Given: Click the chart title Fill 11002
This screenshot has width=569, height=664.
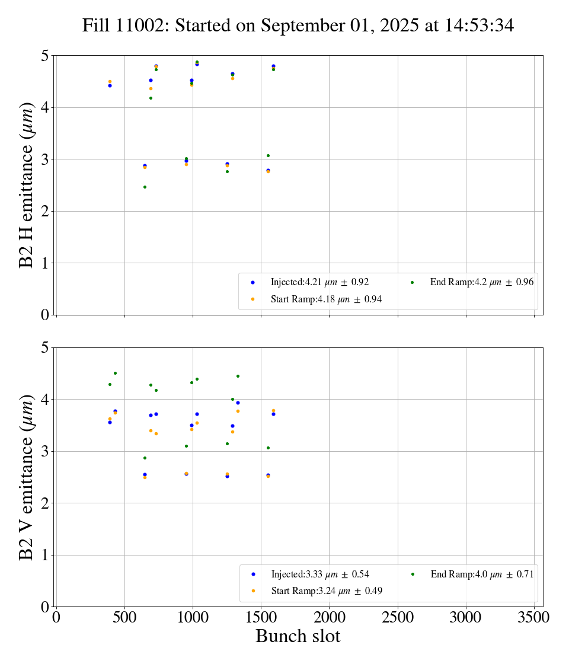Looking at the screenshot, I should pyautogui.click(x=298, y=25).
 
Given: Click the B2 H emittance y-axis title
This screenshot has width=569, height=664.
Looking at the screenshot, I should pyautogui.click(x=27, y=185).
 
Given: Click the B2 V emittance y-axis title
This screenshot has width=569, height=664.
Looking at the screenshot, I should pyautogui.click(x=27, y=477).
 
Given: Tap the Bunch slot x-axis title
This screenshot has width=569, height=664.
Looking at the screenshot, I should pyautogui.click(x=298, y=636).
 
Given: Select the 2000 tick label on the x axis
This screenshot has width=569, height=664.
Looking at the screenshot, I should pyautogui.click(x=330, y=617).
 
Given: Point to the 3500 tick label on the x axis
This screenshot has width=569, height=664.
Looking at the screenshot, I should pyautogui.click(x=534, y=617).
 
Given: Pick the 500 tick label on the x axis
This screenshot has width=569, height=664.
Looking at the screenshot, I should pyautogui.click(x=124, y=617).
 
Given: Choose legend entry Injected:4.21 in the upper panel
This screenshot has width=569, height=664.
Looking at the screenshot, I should pyautogui.click(x=319, y=282).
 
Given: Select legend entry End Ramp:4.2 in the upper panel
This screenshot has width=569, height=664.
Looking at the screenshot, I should pyautogui.click(x=481, y=282).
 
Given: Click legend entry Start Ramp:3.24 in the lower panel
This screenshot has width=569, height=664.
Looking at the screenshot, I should pyautogui.click(x=327, y=590).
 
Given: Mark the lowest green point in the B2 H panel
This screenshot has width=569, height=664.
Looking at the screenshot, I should pyautogui.click(x=145, y=187).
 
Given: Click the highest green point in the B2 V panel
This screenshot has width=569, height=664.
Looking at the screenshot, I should pyautogui.click(x=115, y=373).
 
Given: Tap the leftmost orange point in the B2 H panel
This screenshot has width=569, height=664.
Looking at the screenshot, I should pyautogui.click(x=110, y=81).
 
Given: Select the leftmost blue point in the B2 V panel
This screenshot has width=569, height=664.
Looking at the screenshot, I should pyautogui.click(x=110, y=422).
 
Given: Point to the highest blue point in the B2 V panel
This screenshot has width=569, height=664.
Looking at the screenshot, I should pyautogui.click(x=238, y=403).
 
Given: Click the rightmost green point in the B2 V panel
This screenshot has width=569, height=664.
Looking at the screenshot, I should pyautogui.click(x=268, y=448).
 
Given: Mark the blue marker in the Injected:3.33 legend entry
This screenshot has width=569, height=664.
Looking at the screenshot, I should pyautogui.click(x=253, y=574).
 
